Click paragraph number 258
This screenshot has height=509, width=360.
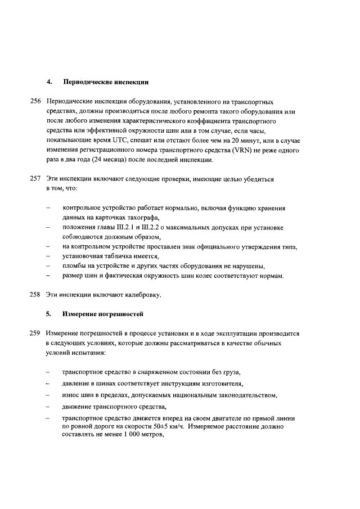(x=36, y=295)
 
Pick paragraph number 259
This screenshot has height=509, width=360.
(x=36, y=333)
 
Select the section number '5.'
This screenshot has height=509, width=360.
(x=49, y=314)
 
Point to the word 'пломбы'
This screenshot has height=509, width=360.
(x=74, y=265)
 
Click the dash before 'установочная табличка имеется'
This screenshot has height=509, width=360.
(x=49, y=256)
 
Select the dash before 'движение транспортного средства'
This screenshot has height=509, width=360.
(x=49, y=407)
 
